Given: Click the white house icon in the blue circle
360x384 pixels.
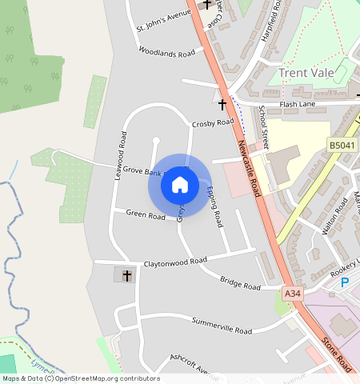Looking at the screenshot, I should (180, 185).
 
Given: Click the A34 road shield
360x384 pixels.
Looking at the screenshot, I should (293, 294).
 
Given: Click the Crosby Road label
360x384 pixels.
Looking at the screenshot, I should (213, 123).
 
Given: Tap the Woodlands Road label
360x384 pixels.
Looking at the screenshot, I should (166, 53).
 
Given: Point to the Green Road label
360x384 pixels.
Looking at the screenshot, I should (145, 214).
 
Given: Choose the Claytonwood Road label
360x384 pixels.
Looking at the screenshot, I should (174, 262).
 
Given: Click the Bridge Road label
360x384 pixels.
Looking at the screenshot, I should (240, 282).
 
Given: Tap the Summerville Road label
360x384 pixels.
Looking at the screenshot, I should (222, 326).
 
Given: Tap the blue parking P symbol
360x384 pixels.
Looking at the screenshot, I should (345, 282).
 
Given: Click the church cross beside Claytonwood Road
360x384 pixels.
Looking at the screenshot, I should (126, 275).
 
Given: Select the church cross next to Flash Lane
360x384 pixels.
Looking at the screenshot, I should (222, 104).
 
